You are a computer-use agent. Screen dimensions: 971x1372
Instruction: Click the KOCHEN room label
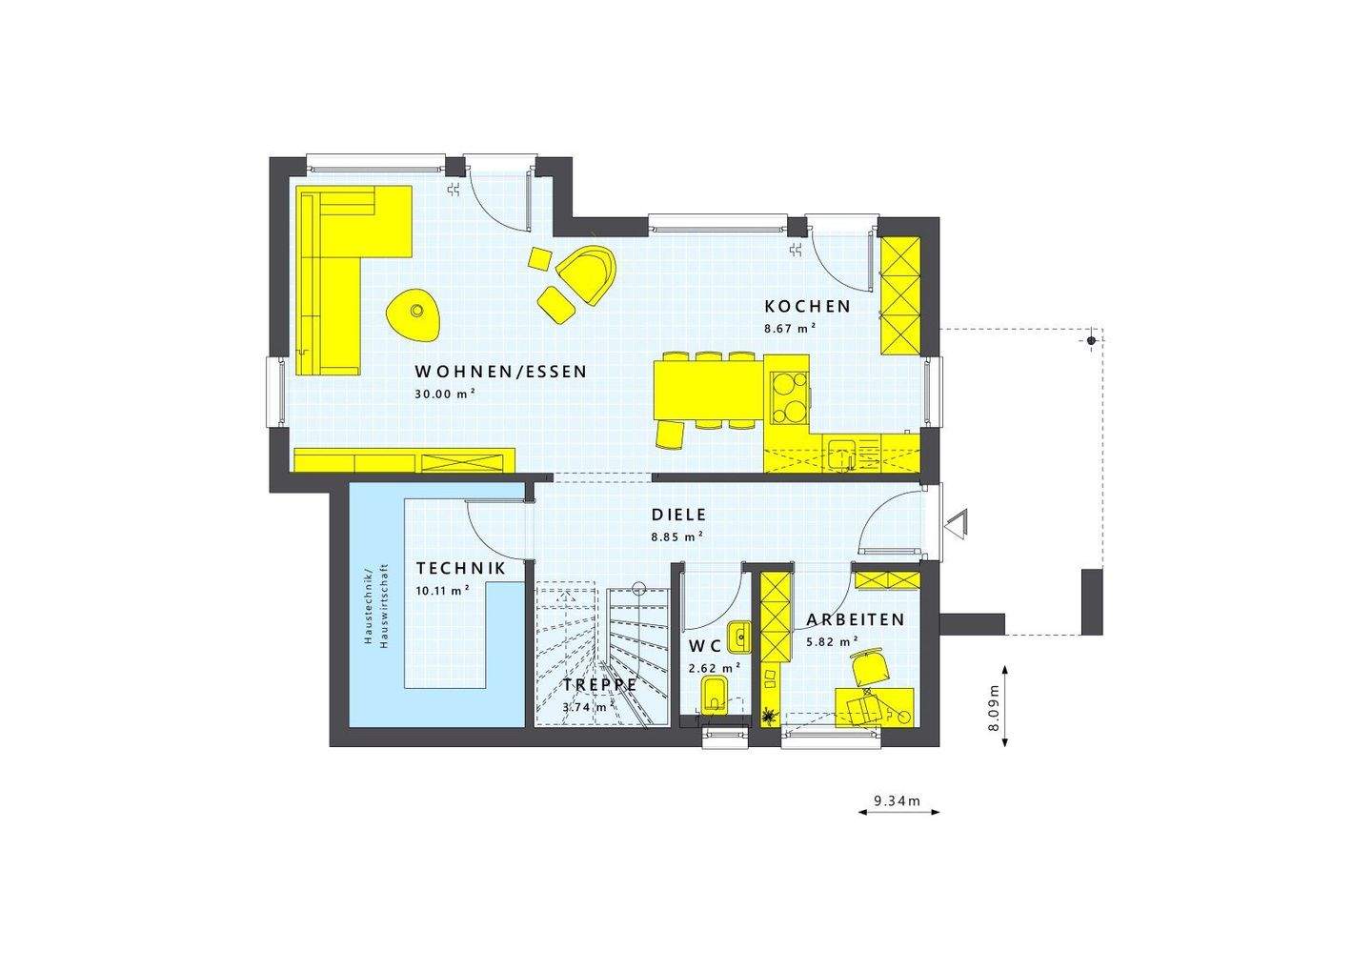click(807, 307)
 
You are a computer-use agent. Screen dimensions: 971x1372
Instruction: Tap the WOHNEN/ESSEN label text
click(500, 372)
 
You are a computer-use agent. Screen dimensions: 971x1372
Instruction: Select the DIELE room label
click(678, 516)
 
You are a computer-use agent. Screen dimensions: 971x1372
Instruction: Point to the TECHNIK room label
click(460, 569)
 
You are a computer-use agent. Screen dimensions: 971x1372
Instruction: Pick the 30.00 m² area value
click(445, 393)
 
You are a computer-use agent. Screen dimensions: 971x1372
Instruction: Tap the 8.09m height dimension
click(994, 707)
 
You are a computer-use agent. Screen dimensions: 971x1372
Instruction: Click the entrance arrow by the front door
click(956, 524)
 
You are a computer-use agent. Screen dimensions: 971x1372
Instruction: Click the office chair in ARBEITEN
click(869, 665)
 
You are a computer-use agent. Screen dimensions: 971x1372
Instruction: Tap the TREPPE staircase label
click(599, 685)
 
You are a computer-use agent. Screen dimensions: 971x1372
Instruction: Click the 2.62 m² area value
click(714, 668)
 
